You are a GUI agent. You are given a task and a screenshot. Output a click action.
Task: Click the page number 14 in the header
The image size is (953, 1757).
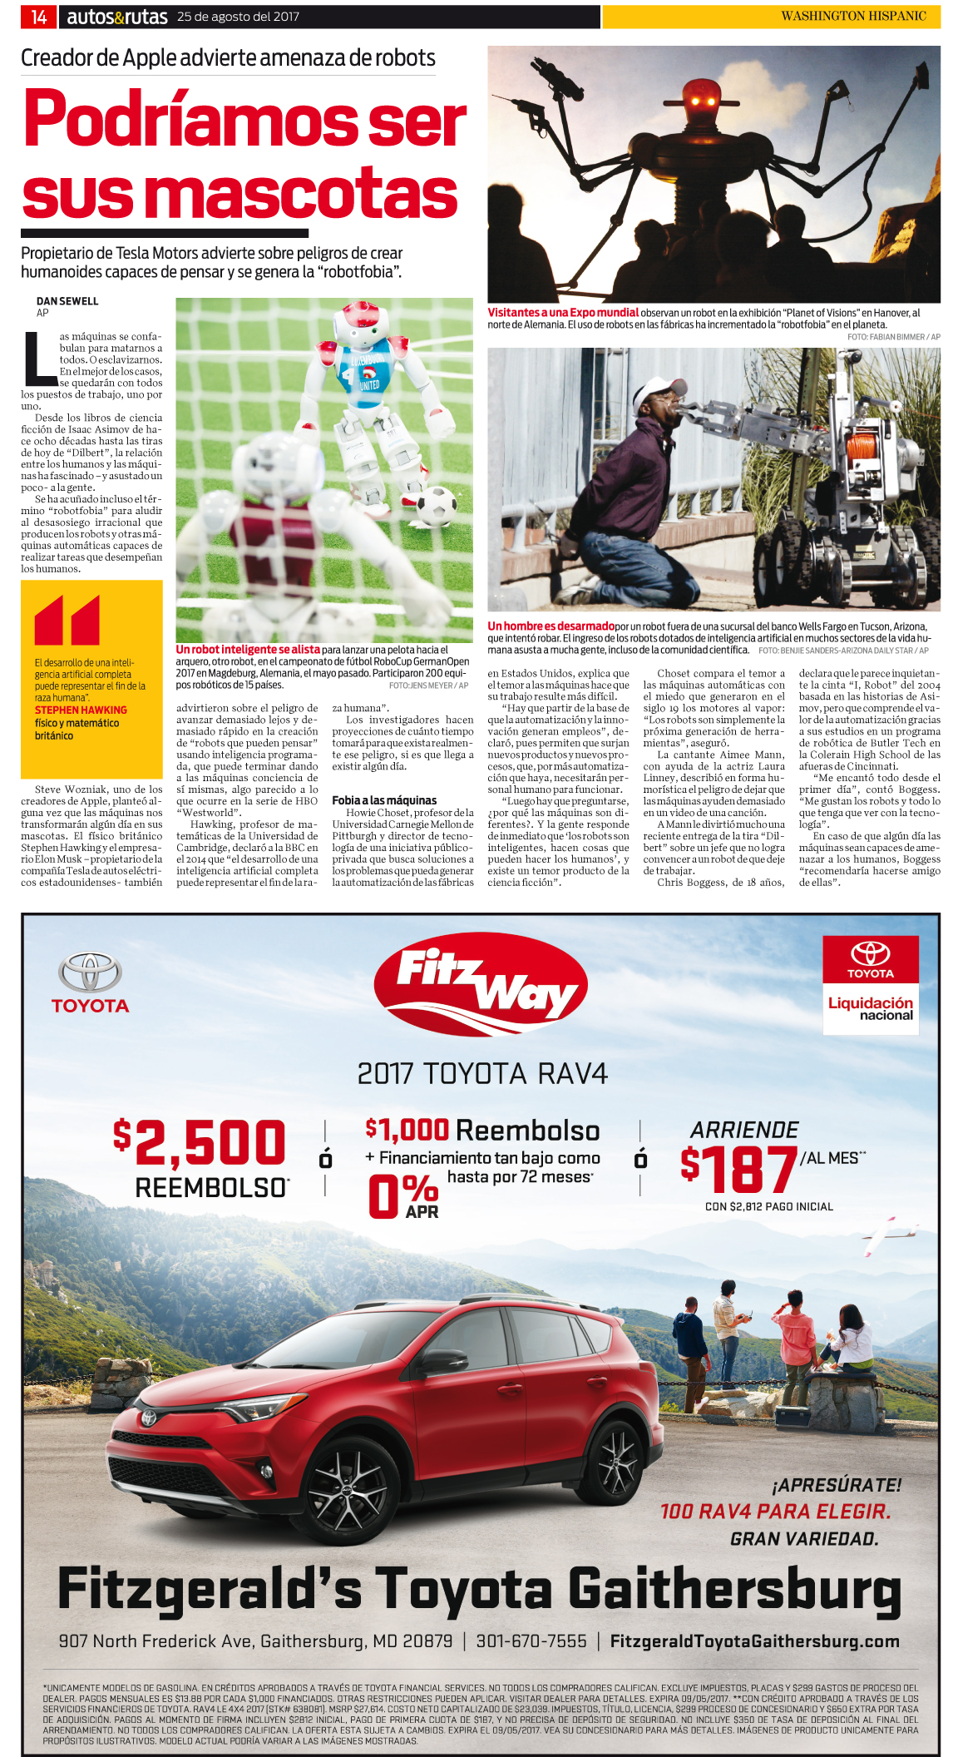point(38,17)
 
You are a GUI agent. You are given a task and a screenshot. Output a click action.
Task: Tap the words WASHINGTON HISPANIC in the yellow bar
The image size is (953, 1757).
point(853,16)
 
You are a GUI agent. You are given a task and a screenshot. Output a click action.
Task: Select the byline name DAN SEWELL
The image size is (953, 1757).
point(67,301)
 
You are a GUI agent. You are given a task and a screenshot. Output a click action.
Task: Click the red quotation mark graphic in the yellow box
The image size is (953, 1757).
point(67,620)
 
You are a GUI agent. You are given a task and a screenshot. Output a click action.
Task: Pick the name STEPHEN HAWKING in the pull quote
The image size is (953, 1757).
point(81,710)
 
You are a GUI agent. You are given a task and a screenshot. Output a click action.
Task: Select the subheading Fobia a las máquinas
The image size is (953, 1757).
point(384,800)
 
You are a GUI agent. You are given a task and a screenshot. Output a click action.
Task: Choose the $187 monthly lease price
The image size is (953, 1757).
point(738,1169)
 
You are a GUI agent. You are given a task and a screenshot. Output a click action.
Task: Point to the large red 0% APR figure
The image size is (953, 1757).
point(402,1195)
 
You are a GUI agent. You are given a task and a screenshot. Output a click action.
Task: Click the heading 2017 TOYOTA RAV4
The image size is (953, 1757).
point(482,1073)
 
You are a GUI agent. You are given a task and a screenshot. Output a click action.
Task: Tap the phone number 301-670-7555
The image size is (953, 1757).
point(531,1641)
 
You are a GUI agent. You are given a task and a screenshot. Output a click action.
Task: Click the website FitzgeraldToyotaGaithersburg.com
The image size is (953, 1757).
point(754,1641)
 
